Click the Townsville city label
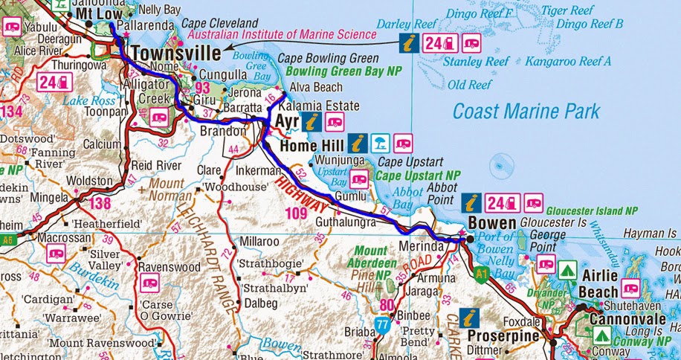click(x=177, y=54)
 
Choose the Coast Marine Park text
click(x=526, y=112)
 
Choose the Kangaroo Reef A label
click(x=568, y=61)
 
